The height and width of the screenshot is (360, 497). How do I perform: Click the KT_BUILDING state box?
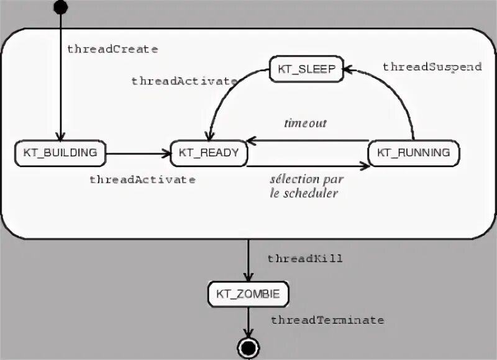(x=60, y=153)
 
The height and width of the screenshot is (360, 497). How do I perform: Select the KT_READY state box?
(x=209, y=153)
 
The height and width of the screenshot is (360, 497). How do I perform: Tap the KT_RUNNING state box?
(x=414, y=153)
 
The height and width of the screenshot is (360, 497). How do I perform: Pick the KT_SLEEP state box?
(x=306, y=70)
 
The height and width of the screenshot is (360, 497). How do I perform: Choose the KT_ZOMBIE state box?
(x=248, y=294)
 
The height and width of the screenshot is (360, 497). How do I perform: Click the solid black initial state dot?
(x=60, y=7)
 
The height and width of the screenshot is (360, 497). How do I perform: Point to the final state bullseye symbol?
(x=248, y=347)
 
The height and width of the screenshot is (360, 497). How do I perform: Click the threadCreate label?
(x=112, y=48)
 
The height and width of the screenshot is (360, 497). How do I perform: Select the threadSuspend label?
(x=432, y=67)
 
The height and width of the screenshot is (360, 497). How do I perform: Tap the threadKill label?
(x=305, y=258)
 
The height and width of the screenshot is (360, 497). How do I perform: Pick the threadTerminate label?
(x=327, y=320)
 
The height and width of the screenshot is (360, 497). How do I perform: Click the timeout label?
(x=305, y=123)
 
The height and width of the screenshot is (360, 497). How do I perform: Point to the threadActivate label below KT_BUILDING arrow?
(x=142, y=179)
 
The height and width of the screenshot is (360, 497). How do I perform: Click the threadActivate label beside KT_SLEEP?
(x=184, y=81)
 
